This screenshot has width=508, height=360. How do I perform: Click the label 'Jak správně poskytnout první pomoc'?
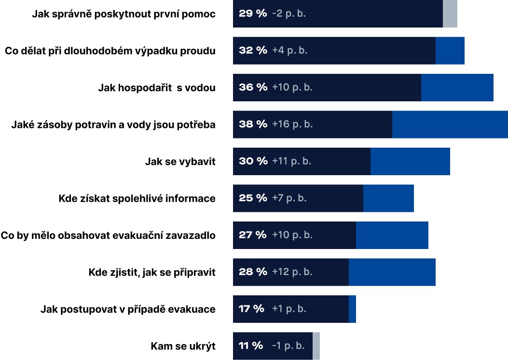(124, 14)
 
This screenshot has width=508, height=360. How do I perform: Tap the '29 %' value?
(252, 14)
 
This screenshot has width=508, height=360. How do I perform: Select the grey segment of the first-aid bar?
(450, 14)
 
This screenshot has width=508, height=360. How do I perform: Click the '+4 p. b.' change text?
(289, 50)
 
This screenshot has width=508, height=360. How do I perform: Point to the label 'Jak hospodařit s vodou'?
(157, 88)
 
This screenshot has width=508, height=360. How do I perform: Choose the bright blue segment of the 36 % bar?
(457, 87)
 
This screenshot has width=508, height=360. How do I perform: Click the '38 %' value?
(253, 124)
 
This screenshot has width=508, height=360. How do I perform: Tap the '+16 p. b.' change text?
(292, 124)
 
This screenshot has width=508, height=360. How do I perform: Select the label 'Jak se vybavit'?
(180, 162)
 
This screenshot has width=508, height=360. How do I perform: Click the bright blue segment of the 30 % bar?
(410, 161)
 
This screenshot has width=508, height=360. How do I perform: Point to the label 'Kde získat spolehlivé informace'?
(137, 198)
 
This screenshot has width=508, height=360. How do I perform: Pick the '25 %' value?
(252, 198)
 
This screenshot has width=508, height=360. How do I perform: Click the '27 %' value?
(252, 235)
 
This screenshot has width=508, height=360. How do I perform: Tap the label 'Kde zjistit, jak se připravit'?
(152, 272)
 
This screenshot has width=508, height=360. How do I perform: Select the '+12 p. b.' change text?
(292, 272)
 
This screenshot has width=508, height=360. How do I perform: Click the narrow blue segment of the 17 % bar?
(352, 309)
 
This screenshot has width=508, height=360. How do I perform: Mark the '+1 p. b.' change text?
(289, 309)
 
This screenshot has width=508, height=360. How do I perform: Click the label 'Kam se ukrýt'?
(183, 346)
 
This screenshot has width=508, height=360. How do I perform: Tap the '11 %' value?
(251, 346)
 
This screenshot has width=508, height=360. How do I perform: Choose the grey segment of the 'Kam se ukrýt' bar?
(316, 346)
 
